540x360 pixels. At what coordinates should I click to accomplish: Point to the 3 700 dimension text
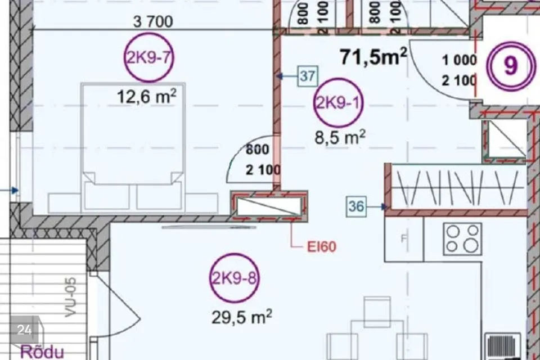coord(153,22)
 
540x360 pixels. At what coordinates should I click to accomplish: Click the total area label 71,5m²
coord(373,57)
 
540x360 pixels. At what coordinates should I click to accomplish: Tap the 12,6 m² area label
coord(147,96)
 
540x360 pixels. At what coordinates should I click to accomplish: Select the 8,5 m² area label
coord(340,137)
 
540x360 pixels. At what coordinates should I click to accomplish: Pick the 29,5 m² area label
coord(242,317)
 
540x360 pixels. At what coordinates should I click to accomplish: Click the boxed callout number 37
coord(308,76)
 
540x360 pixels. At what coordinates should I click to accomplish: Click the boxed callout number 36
coord(356,206)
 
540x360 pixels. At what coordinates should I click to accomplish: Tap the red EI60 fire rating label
coord(322,247)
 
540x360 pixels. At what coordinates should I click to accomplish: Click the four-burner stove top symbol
coord(462,239)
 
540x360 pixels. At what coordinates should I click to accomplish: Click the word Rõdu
coord(42,352)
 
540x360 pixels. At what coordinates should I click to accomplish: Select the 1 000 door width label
coord(460,60)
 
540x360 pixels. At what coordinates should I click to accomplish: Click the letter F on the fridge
coord(404,238)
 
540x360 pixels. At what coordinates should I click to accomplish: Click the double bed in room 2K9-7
coord(133,147)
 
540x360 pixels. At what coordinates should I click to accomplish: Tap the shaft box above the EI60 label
coord(269,206)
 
